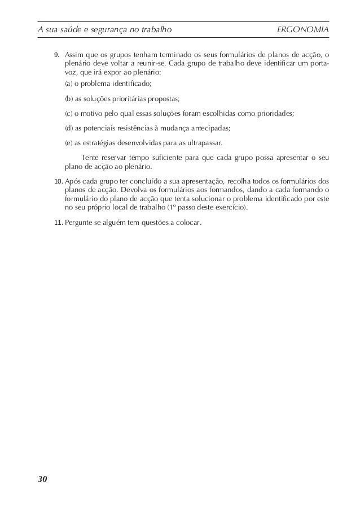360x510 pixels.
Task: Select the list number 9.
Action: (x=56, y=55)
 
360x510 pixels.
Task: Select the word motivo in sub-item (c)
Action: (x=92, y=113)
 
